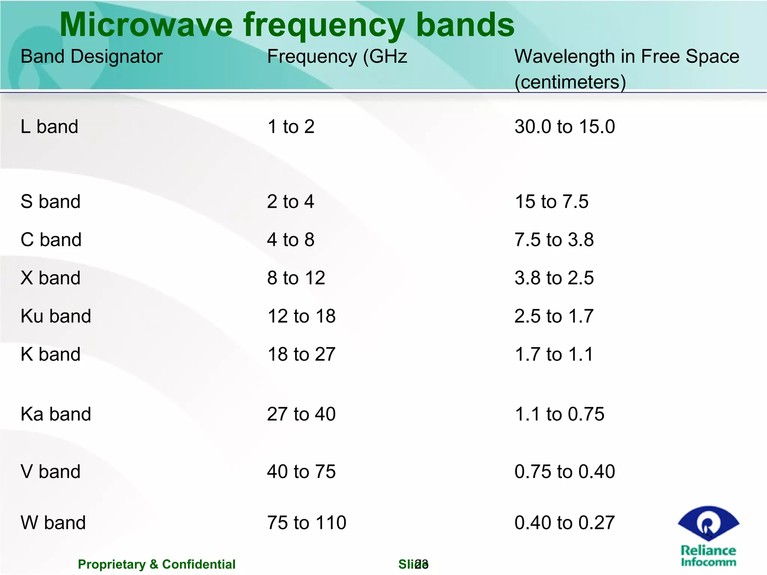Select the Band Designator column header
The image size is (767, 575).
[x=91, y=57]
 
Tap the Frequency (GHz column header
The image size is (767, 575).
[x=337, y=57]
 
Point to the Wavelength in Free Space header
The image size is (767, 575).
[x=627, y=57]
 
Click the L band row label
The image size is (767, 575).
[x=49, y=127]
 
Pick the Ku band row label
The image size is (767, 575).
[x=56, y=316]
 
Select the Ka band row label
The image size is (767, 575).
[x=56, y=414]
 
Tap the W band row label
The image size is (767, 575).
[x=53, y=523]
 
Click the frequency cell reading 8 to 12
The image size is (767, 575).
[x=296, y=278]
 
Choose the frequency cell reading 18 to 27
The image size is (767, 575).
[x=301, y=354]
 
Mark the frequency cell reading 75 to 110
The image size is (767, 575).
[x=306, y=523]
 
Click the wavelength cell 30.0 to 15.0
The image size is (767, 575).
[x=564, y=127]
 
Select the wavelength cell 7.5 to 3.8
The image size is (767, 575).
[x=554, y=240]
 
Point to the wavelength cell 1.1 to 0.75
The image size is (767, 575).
[x=559, y=414]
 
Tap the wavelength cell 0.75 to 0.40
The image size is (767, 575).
[x=564, y=471]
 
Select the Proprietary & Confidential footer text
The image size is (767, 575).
[x=157, y=564]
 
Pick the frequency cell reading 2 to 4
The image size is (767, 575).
[x=290, y=201]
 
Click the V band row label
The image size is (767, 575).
[x=51, y=471]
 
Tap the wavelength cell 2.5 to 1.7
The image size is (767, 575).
[x=554, y=316]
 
